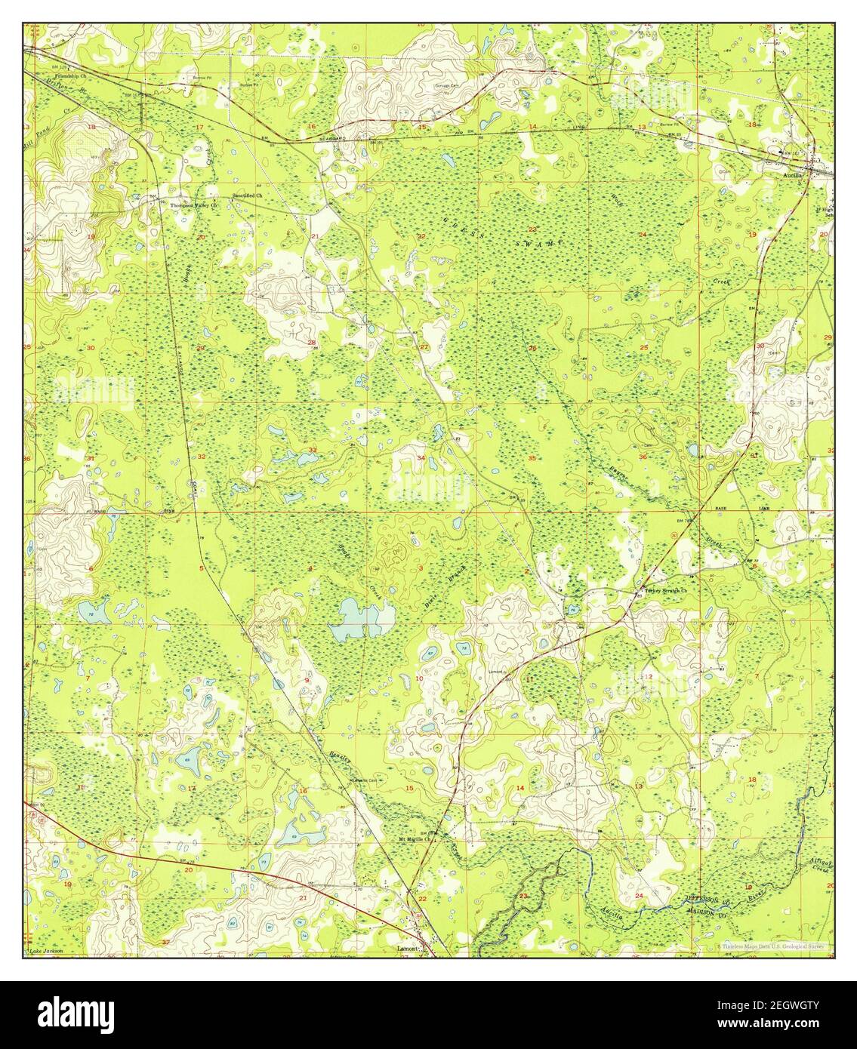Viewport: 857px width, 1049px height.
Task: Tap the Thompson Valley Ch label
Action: (x=193, y=205)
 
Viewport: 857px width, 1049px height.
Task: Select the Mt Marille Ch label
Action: (x=415, y=838)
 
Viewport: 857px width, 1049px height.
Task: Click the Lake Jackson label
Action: (x=45, y=952)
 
